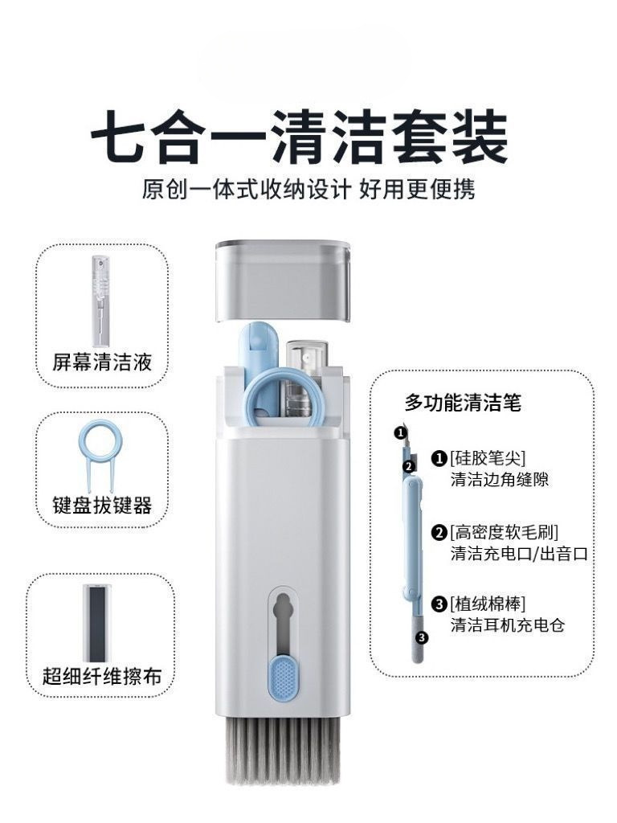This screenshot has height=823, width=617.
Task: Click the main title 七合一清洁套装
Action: click(x=300, y=137)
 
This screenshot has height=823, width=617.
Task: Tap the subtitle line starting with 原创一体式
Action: click(x=308, y=190)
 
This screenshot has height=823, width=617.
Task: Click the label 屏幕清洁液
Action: click(x=102, y=362)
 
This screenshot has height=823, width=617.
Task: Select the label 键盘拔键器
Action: click(x=102, y=505)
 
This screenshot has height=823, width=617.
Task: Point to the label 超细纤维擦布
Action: click(x=102, y=676)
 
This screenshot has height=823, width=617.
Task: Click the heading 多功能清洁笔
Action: click(x=463, y=403)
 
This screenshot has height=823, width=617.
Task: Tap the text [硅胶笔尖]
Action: click(x=488, y=458)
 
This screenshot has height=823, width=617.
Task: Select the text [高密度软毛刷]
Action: click(x=504, y=532)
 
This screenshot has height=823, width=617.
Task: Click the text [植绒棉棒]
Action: click(x=488, y=604)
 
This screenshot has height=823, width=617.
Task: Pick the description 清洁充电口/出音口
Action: click(x=519, y=554)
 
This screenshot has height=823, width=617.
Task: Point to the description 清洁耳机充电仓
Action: click(x=508, y=625)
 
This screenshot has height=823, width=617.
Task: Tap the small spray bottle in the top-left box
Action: click(x=100, y=301)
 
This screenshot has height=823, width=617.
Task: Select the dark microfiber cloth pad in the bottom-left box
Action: click(x=97, y=623)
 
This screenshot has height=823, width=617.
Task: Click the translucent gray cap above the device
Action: click(x=284, y=279)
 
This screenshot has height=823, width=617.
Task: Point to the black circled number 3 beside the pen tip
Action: click(x=422, y=637)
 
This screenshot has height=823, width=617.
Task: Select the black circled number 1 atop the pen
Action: click(x=400, y=432)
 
